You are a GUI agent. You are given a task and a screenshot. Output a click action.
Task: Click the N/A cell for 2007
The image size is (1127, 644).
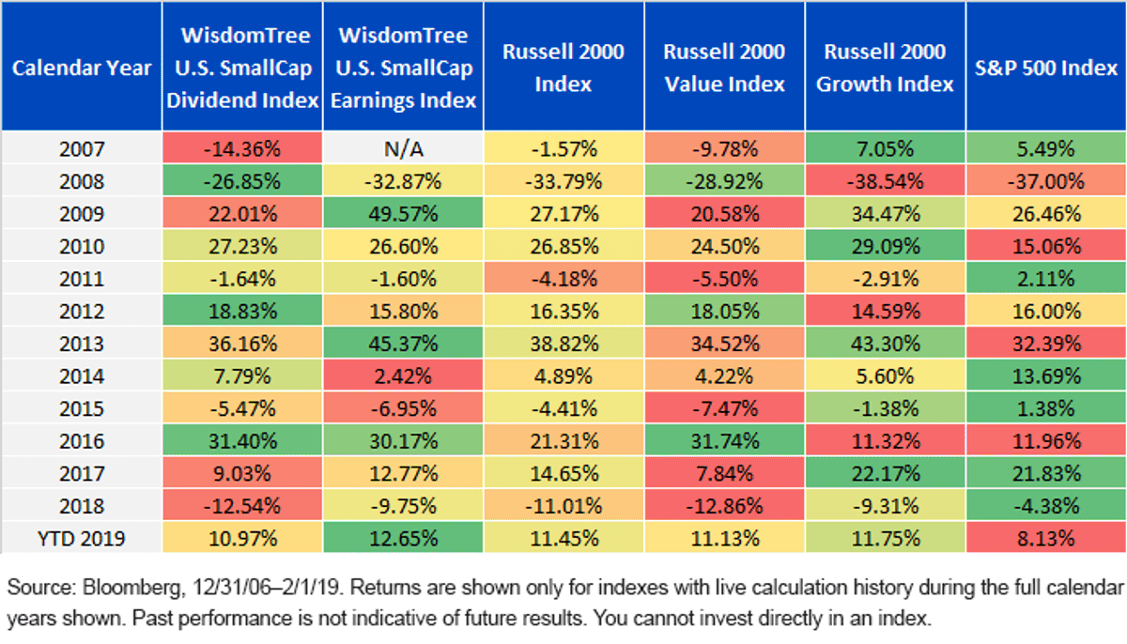[x=403, y=149]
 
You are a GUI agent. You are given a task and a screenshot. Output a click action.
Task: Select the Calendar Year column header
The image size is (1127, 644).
[x=82, y=68]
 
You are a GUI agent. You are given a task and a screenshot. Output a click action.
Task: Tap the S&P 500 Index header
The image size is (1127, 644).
[x=1046, y=68]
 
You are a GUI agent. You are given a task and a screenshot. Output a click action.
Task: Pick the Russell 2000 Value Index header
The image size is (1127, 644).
[x=724, y=68]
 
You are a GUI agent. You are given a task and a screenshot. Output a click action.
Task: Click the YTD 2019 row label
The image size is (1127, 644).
[x=82, y=539]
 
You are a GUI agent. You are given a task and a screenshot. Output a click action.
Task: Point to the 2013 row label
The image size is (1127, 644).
[x=82, y=344]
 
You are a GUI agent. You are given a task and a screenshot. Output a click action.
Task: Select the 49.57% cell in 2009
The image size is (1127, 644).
[x=403, y=214]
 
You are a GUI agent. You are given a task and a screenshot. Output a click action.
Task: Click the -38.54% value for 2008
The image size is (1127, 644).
[x=885, y=181]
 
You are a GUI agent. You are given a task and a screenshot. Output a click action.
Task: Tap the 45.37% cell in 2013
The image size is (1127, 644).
[x=403, y=344]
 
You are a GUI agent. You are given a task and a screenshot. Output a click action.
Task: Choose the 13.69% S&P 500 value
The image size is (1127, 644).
[x=1046, y=376]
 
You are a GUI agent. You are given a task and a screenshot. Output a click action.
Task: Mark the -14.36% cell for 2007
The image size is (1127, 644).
[x=242, y=149]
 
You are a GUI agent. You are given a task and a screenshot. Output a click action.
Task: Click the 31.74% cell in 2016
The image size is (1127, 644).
[x=724, y=441]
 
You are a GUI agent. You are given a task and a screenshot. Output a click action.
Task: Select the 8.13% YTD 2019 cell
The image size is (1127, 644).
[x=1046, y=539]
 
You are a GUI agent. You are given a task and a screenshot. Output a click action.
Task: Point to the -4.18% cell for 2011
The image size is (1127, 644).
[x=563, y=279]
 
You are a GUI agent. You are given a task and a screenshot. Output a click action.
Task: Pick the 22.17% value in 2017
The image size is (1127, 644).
[x=885, y=473]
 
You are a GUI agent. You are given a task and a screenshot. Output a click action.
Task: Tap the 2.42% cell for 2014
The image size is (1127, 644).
[x=403, y=376]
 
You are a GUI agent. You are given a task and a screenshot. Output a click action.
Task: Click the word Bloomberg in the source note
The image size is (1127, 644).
[x=131, y=587]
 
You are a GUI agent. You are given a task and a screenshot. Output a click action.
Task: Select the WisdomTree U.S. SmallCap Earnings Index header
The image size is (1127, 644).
[x=403, y=68]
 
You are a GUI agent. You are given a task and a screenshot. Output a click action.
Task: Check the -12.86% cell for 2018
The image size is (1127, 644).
[x=724, y=506]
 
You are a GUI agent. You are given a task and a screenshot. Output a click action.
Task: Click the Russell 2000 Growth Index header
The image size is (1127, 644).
[x=885, y=68]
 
